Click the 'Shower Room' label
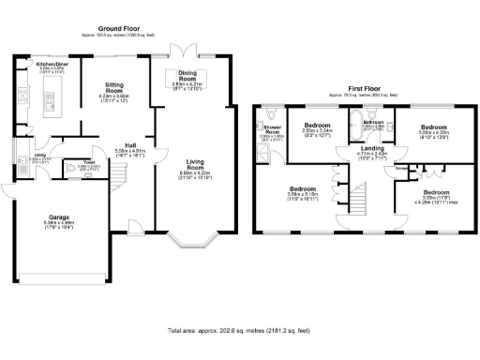[272, 128]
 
